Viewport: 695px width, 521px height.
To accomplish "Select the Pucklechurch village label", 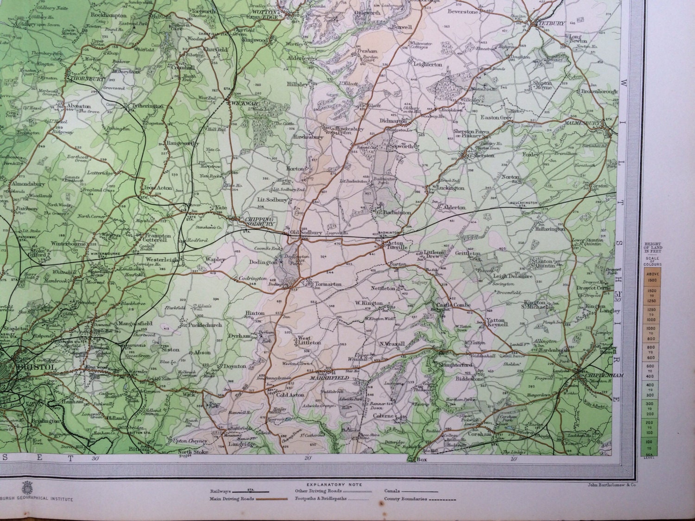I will [205, 325].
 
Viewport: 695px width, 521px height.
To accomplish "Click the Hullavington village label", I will [550, 229].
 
